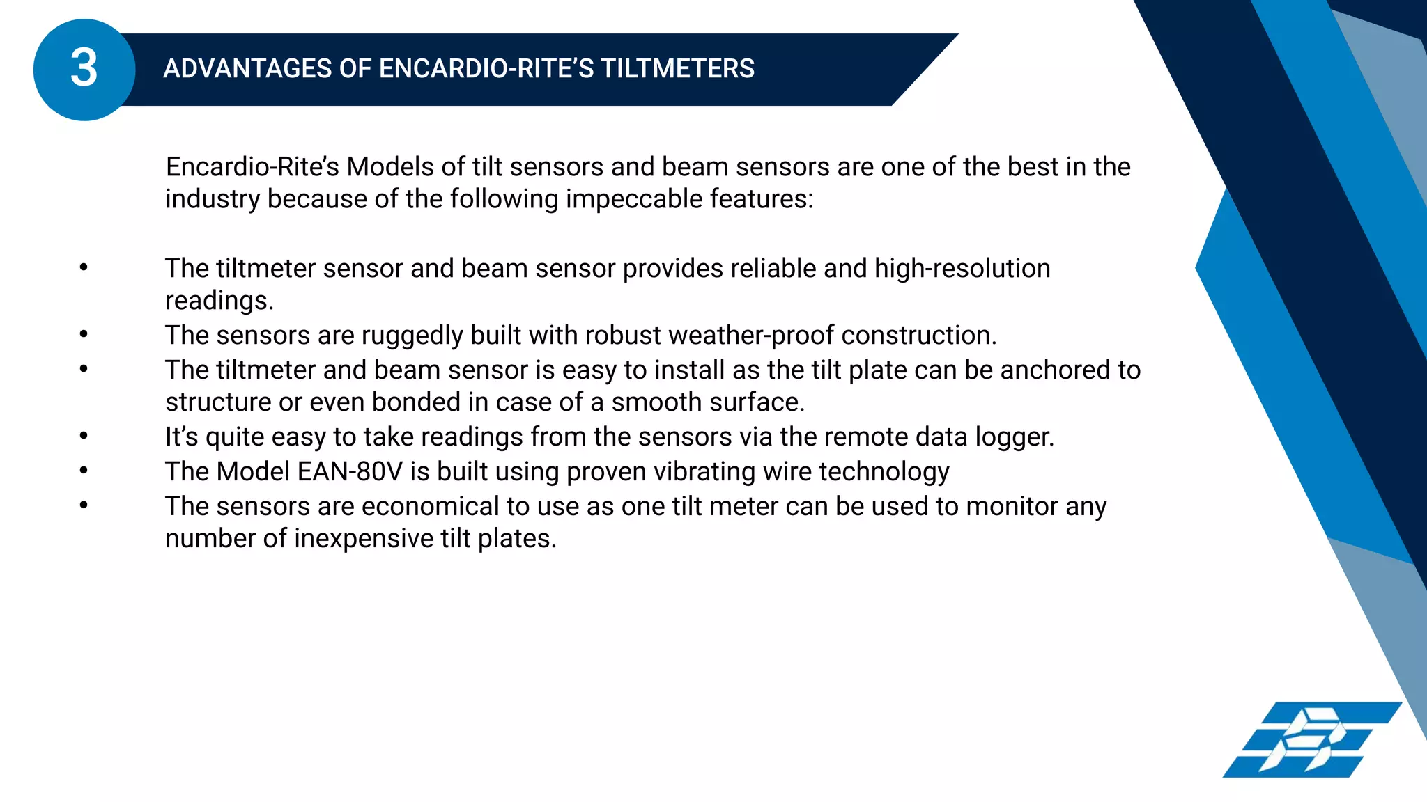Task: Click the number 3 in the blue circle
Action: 84,69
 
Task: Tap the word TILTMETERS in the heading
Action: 677,69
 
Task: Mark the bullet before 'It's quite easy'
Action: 84,436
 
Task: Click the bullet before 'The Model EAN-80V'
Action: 84,471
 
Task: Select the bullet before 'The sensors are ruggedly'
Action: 84,334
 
